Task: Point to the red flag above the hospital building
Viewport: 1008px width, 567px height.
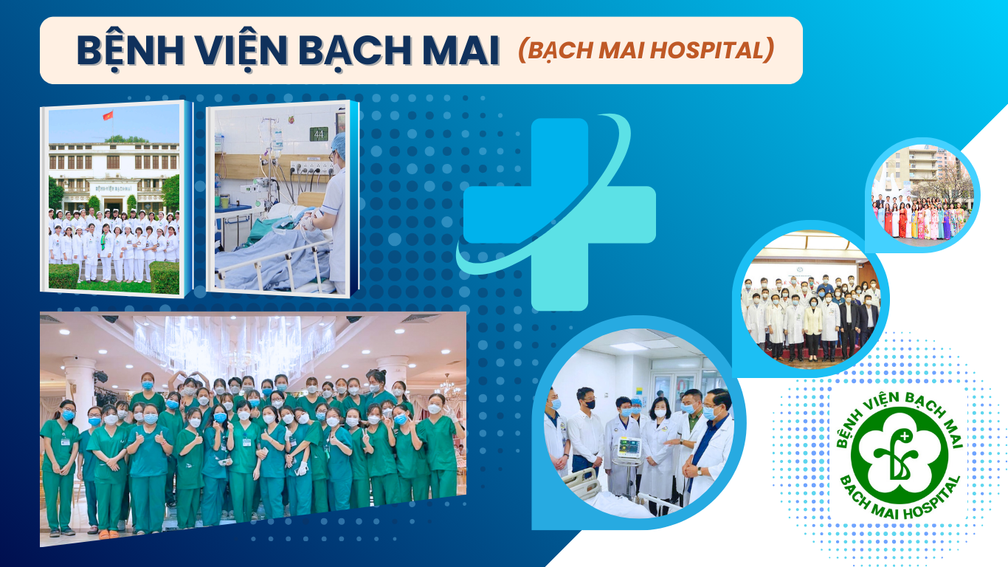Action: (108, 116)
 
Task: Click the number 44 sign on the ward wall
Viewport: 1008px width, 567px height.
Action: (319, 134)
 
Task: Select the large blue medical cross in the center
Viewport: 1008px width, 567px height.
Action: (558, 214)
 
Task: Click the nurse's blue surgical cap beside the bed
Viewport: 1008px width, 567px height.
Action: (339, 144)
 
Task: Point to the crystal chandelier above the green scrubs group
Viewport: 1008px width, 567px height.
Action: (234, 343)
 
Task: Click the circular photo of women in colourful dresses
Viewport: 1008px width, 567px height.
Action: (922, 195)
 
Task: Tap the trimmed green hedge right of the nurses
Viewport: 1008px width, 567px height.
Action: (165, 277)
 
